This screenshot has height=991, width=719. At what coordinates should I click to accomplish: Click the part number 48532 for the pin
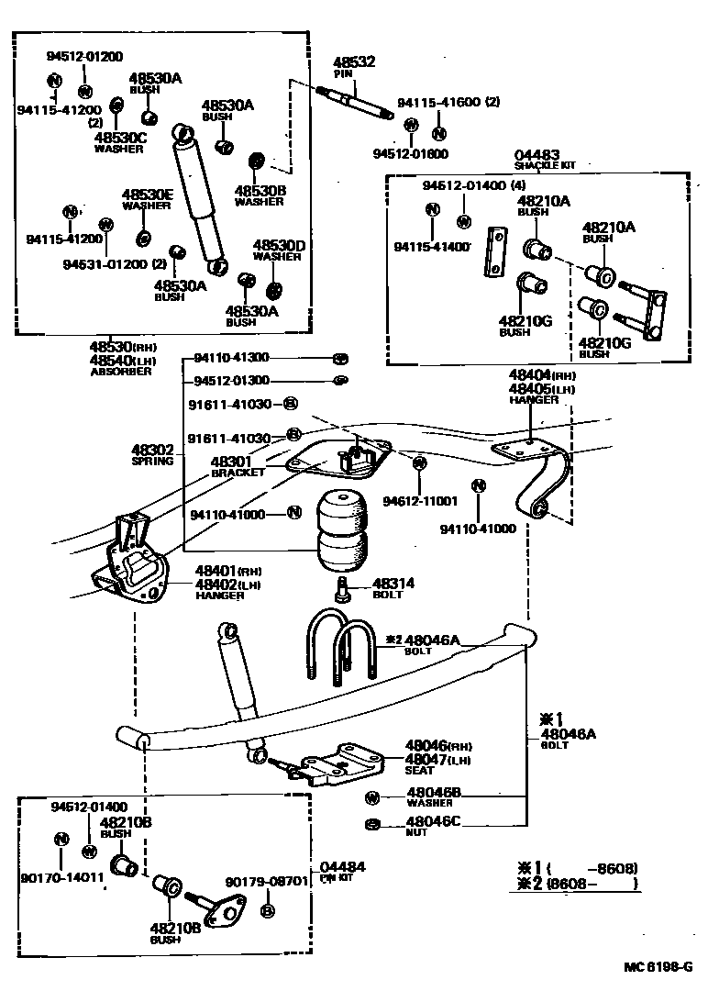point(355,61)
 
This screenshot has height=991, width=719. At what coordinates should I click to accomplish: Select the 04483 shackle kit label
point(536,157)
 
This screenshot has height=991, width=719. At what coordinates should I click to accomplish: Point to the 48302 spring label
point(152,451)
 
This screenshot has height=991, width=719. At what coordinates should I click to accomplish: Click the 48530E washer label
point(147,195)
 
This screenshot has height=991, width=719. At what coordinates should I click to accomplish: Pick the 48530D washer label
point(278,246)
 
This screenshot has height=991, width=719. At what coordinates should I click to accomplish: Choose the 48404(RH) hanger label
point(542,375)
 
